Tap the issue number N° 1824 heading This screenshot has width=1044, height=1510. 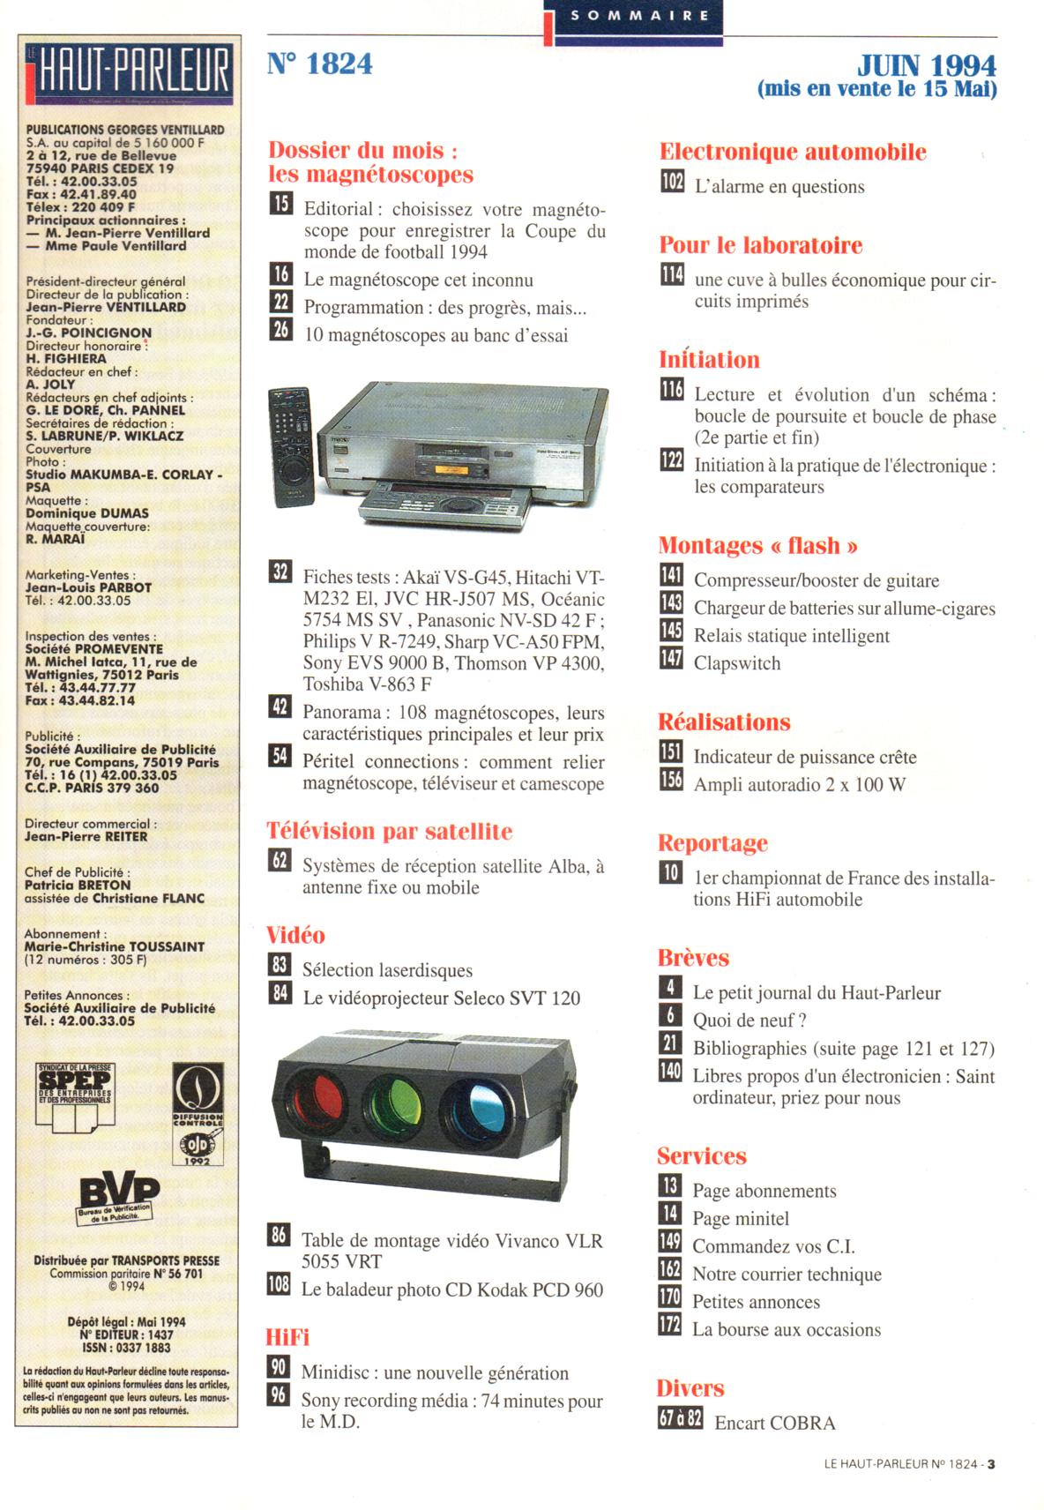pos(319,64)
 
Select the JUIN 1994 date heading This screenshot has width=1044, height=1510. pos(927,65)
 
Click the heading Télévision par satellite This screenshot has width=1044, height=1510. pos(389,831)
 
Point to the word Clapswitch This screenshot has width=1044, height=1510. pos(736,663)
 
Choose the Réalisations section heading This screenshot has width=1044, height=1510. pos(724,722)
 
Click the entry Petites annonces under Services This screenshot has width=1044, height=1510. pos(756,1302)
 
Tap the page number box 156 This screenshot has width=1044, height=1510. pos(670,781)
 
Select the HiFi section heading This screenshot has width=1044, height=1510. pos(287,1337)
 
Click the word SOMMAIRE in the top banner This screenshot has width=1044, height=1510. pos(639,15)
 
